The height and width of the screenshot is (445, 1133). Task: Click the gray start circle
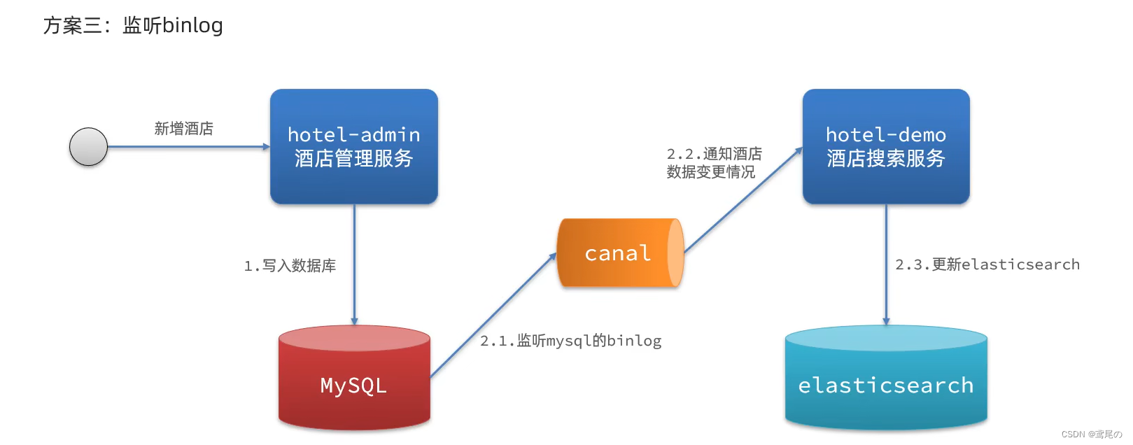pos(88,147)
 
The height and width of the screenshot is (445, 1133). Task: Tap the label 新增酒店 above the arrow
pos(183,129)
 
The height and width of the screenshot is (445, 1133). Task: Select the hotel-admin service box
pos(353,146)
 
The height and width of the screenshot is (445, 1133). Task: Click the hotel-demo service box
pos(885,146)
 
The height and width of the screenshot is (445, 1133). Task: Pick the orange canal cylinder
pos(619,253)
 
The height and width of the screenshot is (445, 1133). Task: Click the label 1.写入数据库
pos(290,266)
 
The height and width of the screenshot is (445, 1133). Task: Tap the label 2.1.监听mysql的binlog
pos(570,341)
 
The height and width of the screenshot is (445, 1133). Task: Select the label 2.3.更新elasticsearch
pos(987,264)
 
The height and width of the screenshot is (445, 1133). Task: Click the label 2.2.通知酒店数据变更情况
pos(714,162)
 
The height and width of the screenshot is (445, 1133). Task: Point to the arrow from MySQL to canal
pos(493,316)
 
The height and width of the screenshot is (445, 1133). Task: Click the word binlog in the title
pos(192,25)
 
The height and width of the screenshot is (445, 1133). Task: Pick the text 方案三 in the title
pos(72,25)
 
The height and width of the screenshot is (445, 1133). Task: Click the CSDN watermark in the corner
pos(1091,435)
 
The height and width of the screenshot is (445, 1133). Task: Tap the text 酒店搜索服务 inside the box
pos(885,159)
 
